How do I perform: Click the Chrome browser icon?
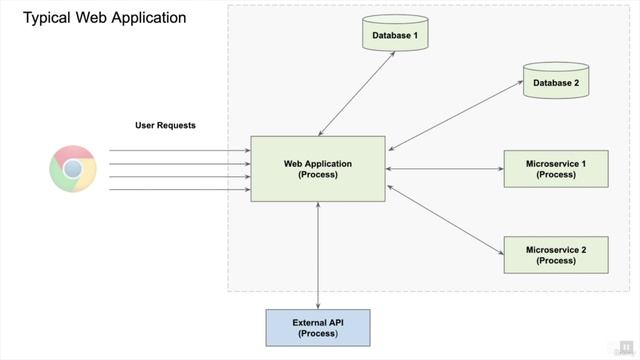click(x=73, y=169)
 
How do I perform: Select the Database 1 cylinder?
click(x=395, y=35)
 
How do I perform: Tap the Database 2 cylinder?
click(x=555, y=82)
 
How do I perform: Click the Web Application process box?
click(x=318, y=168)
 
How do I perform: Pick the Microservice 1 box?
click(x=555, y=168)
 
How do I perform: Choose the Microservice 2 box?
click(x=555, y=254)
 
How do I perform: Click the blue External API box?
click(x=318, y=328)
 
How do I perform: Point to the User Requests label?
click(x=165, y=125)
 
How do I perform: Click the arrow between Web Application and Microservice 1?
click(x=444, y=168)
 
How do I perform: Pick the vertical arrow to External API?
click(x=318, y=254)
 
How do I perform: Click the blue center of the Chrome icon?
click(x=73, y=169)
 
